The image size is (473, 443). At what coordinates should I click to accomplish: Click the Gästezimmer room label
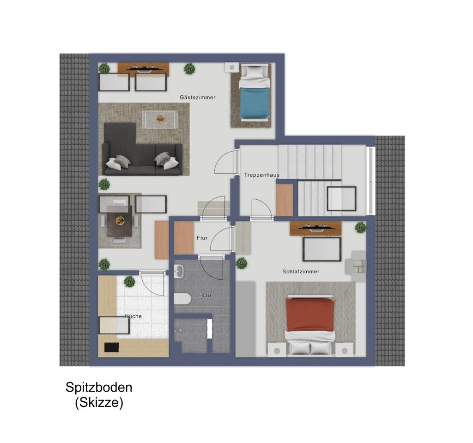point(198,97)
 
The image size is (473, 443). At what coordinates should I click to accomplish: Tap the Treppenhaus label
point(262,175)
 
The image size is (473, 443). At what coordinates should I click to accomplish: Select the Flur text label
point(202,238)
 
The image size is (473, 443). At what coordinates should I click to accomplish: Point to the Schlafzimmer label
point(301,271)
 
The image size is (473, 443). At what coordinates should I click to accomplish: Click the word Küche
point(133,316)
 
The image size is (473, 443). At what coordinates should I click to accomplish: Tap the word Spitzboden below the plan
point(99,388)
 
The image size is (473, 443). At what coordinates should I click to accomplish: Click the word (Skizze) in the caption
point(99,402)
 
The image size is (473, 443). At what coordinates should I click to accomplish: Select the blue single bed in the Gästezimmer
point(254,92)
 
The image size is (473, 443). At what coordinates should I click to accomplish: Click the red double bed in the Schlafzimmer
point(310,324)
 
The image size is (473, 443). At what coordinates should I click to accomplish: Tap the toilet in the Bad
point(182,299)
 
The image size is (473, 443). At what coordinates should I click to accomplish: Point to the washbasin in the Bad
point(179,271)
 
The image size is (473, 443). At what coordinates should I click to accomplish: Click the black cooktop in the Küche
point(112,347)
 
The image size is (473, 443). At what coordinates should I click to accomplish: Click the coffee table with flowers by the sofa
point(160,119)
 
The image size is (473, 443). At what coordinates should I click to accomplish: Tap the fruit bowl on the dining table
point(120,221)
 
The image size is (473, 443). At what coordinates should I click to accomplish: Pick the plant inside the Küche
point(129,282)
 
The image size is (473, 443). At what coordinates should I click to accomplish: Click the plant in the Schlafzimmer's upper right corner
point(360,228)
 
